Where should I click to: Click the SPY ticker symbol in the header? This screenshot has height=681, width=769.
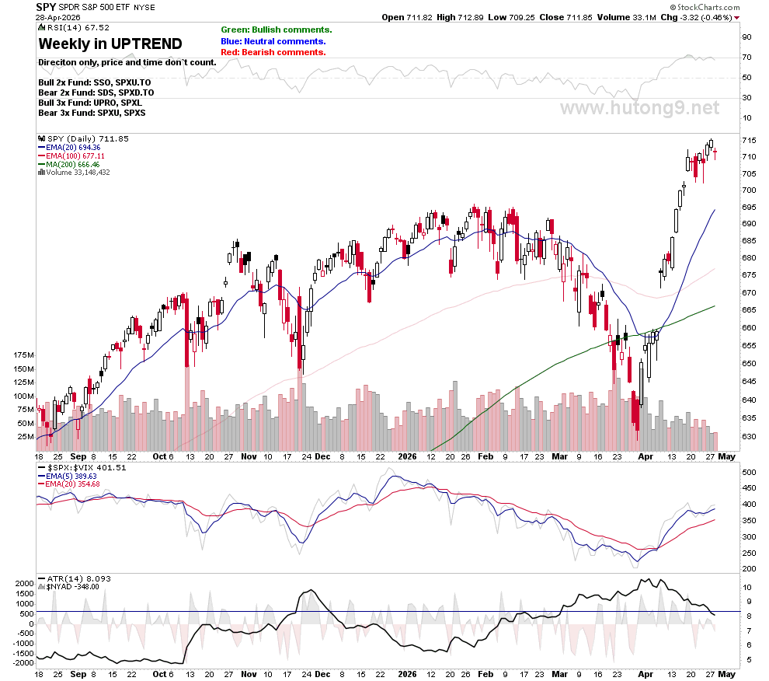point(46,7)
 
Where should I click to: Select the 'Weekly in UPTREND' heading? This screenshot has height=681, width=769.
point(110,44)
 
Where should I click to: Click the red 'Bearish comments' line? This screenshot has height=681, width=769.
point(273,52)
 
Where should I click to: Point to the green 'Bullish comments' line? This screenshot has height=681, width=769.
point(276,30)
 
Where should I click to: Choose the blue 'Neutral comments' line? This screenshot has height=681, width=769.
point(273,41)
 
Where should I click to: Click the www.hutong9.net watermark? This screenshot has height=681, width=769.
point(639,108)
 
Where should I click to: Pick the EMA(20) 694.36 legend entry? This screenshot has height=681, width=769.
point(69,147)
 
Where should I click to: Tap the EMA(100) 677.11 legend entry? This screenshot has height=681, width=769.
point(71,155)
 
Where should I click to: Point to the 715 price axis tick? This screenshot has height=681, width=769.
point(749,141)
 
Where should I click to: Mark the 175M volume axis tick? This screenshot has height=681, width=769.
point(23,355)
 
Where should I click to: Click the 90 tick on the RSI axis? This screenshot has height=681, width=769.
point(746,37)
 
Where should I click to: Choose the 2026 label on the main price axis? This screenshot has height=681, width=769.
point(407,456)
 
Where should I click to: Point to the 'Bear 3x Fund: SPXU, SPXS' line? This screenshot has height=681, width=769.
point(92,113)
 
